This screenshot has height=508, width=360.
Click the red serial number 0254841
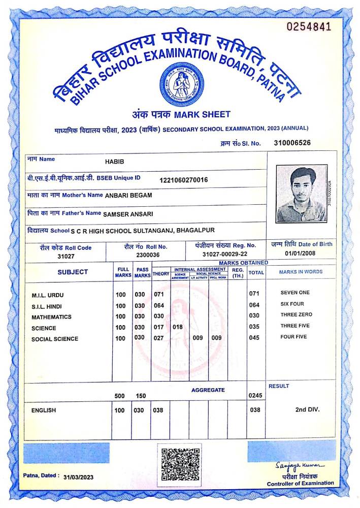pyautogui.click(x=309, y=26)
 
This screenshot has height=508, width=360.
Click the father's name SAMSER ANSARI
pyautogui.click(x=128, y=214)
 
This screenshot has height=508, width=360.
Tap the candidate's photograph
pyautogui.click(x=302, y=194)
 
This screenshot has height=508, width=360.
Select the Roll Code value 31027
pyautogui.click(x=66, y=257)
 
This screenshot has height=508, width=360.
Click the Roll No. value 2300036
pyautogui.click(x=148, y=255)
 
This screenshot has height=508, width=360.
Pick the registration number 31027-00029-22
pyautogui.click(x=225, y=254)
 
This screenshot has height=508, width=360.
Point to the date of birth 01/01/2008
pyautogui.click(x=301, y=252)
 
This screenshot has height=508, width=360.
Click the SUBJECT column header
pyautogui.click(x=73, y=272)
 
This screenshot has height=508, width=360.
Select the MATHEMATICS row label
pyautogui.click(x=51, y=317)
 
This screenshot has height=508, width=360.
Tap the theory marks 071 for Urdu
pyautogui.click(x=159, y=295)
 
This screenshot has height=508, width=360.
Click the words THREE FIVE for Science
pyautogui.click(x=294, y=326)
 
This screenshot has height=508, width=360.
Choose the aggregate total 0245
pyautogui.click(x=255, y=395)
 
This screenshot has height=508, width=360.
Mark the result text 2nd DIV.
pyautogui.click(x=307, y=409)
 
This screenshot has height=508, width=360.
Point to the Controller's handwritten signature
pyautogui.click(x=300, y=465)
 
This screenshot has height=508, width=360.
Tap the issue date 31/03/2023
pyautogui.click(x=79, y=478)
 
